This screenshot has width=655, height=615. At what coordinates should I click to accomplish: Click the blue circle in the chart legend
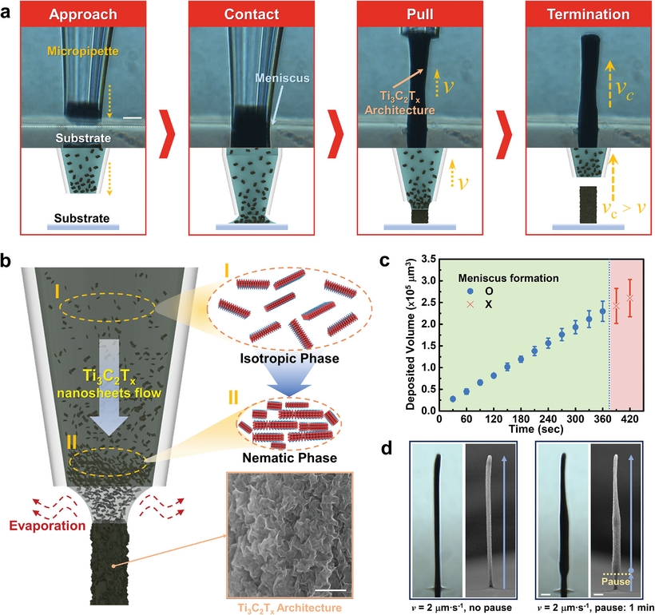(473, 293)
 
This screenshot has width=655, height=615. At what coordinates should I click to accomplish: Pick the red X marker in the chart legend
(473, 307)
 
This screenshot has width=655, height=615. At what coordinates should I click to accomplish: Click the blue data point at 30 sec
(452, 399)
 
